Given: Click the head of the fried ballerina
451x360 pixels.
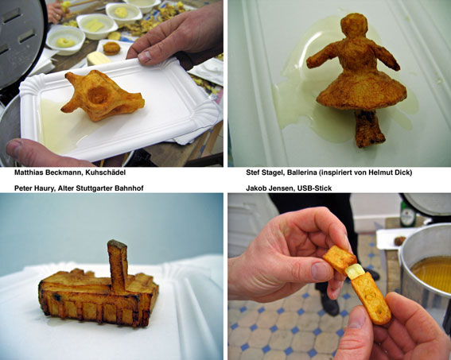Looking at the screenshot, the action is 354,25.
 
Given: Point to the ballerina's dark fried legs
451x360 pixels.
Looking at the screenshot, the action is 369,129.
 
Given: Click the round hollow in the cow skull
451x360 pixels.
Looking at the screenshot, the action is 98,95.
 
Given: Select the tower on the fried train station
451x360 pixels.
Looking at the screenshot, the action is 118,265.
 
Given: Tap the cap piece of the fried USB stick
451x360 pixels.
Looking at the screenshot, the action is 340,259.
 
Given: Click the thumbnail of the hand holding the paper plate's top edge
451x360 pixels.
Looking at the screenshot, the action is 145,56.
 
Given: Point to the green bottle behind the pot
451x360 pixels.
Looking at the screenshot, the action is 407,214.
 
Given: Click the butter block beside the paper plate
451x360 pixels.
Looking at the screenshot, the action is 98,58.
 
